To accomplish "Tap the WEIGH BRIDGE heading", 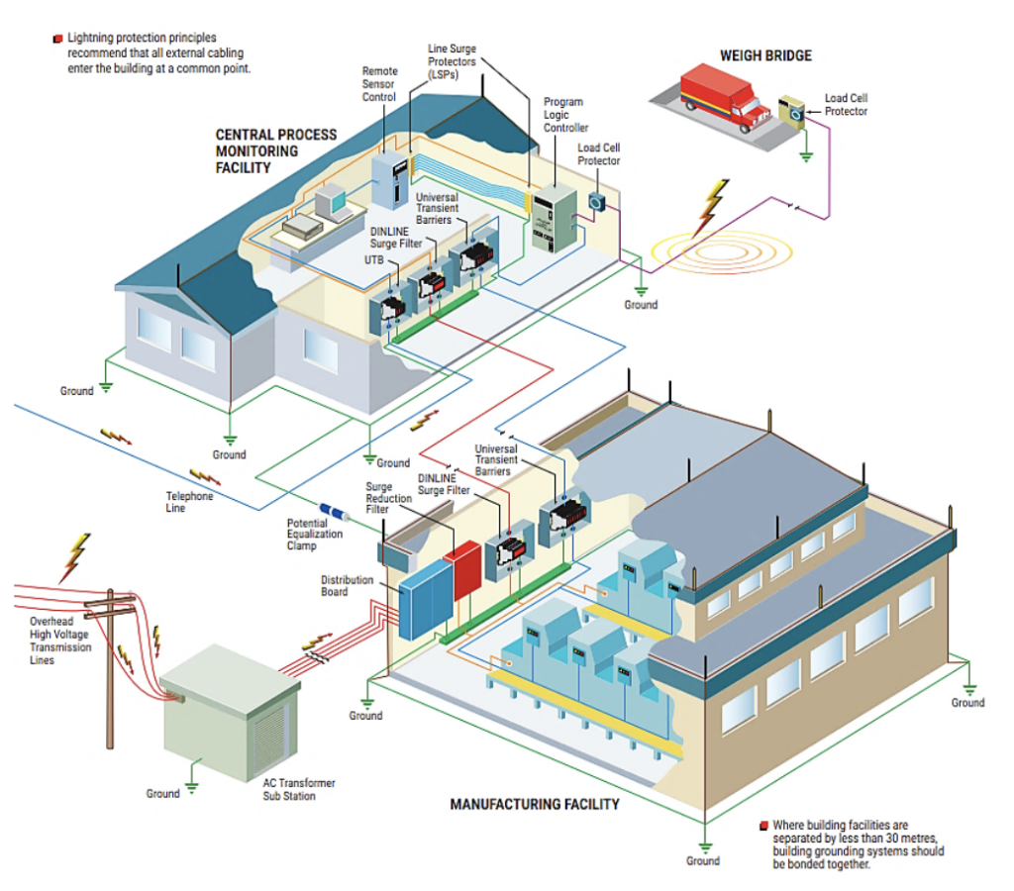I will pos(765,55).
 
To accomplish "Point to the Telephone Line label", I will pos(188,502).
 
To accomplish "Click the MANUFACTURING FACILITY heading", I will pos(535,804).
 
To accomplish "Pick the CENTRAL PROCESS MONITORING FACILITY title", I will pos(276,150).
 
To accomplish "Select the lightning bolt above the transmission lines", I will pos(74,556).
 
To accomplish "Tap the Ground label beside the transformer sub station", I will pos(163,793).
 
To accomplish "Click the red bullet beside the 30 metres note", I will pos(763,825).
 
